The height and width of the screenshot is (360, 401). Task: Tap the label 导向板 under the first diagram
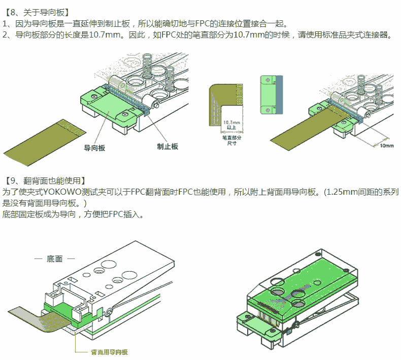[94, 148]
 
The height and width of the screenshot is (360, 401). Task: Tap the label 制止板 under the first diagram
[168, 146]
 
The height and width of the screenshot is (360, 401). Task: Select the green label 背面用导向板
[109, 351]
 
